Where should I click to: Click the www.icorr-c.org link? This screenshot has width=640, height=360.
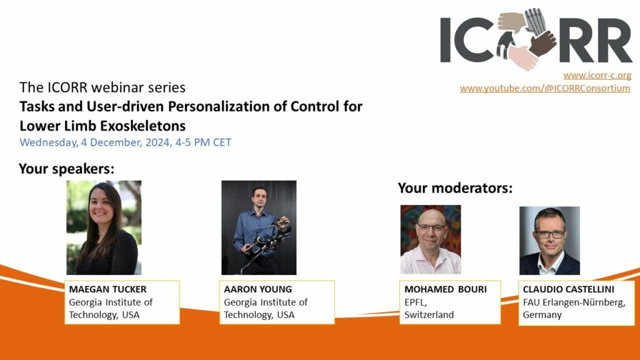pos(597,76)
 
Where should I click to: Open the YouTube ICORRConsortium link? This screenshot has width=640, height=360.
pos(545,88)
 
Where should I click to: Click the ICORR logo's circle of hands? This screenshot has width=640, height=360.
pos(526,39)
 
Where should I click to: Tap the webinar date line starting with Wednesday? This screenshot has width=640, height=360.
pos(125,142)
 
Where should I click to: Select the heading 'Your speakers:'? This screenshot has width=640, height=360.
pos(66,169)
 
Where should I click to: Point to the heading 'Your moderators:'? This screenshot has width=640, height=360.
pos(455,187)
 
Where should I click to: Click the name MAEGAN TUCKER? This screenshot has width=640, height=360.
pos(107,289)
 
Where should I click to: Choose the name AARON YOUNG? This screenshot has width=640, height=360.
pos(258,289)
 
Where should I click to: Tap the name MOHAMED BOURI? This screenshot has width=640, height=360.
pos(446,289)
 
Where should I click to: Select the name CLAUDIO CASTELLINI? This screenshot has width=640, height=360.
pos(569,289)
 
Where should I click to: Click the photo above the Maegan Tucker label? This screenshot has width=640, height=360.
pos(104,227)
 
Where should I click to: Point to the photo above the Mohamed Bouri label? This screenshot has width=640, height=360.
pos(431,239)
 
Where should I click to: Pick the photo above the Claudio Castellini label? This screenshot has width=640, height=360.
pos(549,241)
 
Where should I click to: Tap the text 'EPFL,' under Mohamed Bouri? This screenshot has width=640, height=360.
pos(416,302)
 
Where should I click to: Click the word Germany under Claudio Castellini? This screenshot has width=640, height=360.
pos(542,315)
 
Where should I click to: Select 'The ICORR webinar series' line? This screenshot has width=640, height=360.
pos(102,87)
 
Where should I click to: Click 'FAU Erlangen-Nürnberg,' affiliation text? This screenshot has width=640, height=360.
pos(574,302)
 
